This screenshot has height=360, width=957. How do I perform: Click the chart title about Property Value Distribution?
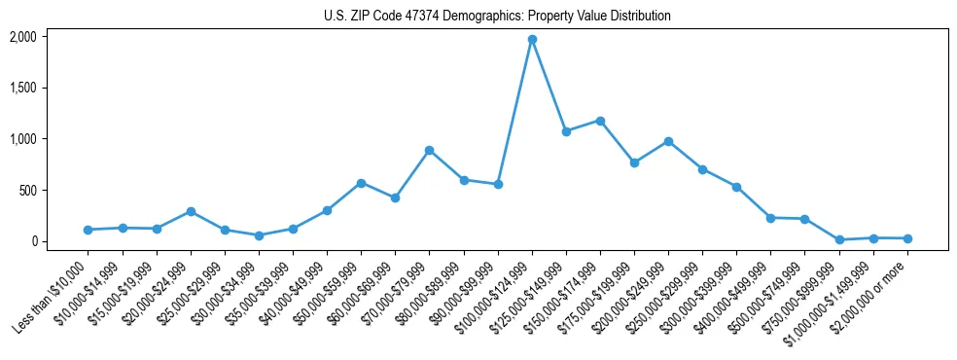(x=497, y=17)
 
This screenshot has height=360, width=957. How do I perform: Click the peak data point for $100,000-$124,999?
(x=532, y=40)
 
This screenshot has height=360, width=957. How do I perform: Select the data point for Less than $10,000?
(x=89, y=230)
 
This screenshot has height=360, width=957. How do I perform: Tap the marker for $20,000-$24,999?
(x=191, y=211)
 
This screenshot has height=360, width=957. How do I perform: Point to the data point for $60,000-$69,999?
(x=395, y=198)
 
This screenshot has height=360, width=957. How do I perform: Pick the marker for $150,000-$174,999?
(x=600, y=121)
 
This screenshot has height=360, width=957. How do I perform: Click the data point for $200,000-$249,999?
(x=668, y=141)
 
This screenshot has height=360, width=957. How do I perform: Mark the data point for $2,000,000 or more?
(x=907, y=238)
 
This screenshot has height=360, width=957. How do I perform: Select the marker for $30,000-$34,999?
(x=259, y=235)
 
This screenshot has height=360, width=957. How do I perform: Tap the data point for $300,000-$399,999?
(x=736, y=187)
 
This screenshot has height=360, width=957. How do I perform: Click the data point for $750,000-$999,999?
(x=838, y=239)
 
